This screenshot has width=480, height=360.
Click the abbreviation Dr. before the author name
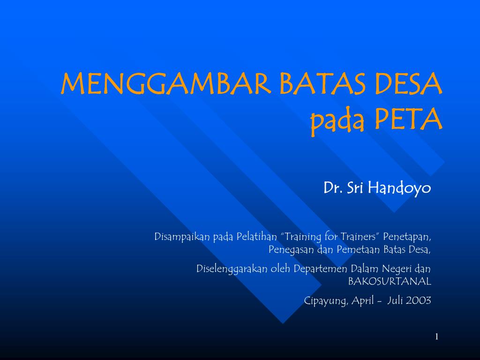click(332, 188)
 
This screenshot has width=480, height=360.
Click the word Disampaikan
click(183, 237)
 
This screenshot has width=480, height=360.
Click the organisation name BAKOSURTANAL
click(390, 282)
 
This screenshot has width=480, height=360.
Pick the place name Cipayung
click(326, 301)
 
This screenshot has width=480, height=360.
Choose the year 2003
click(419, 301)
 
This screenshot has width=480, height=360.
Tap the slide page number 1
click(436, 337)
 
